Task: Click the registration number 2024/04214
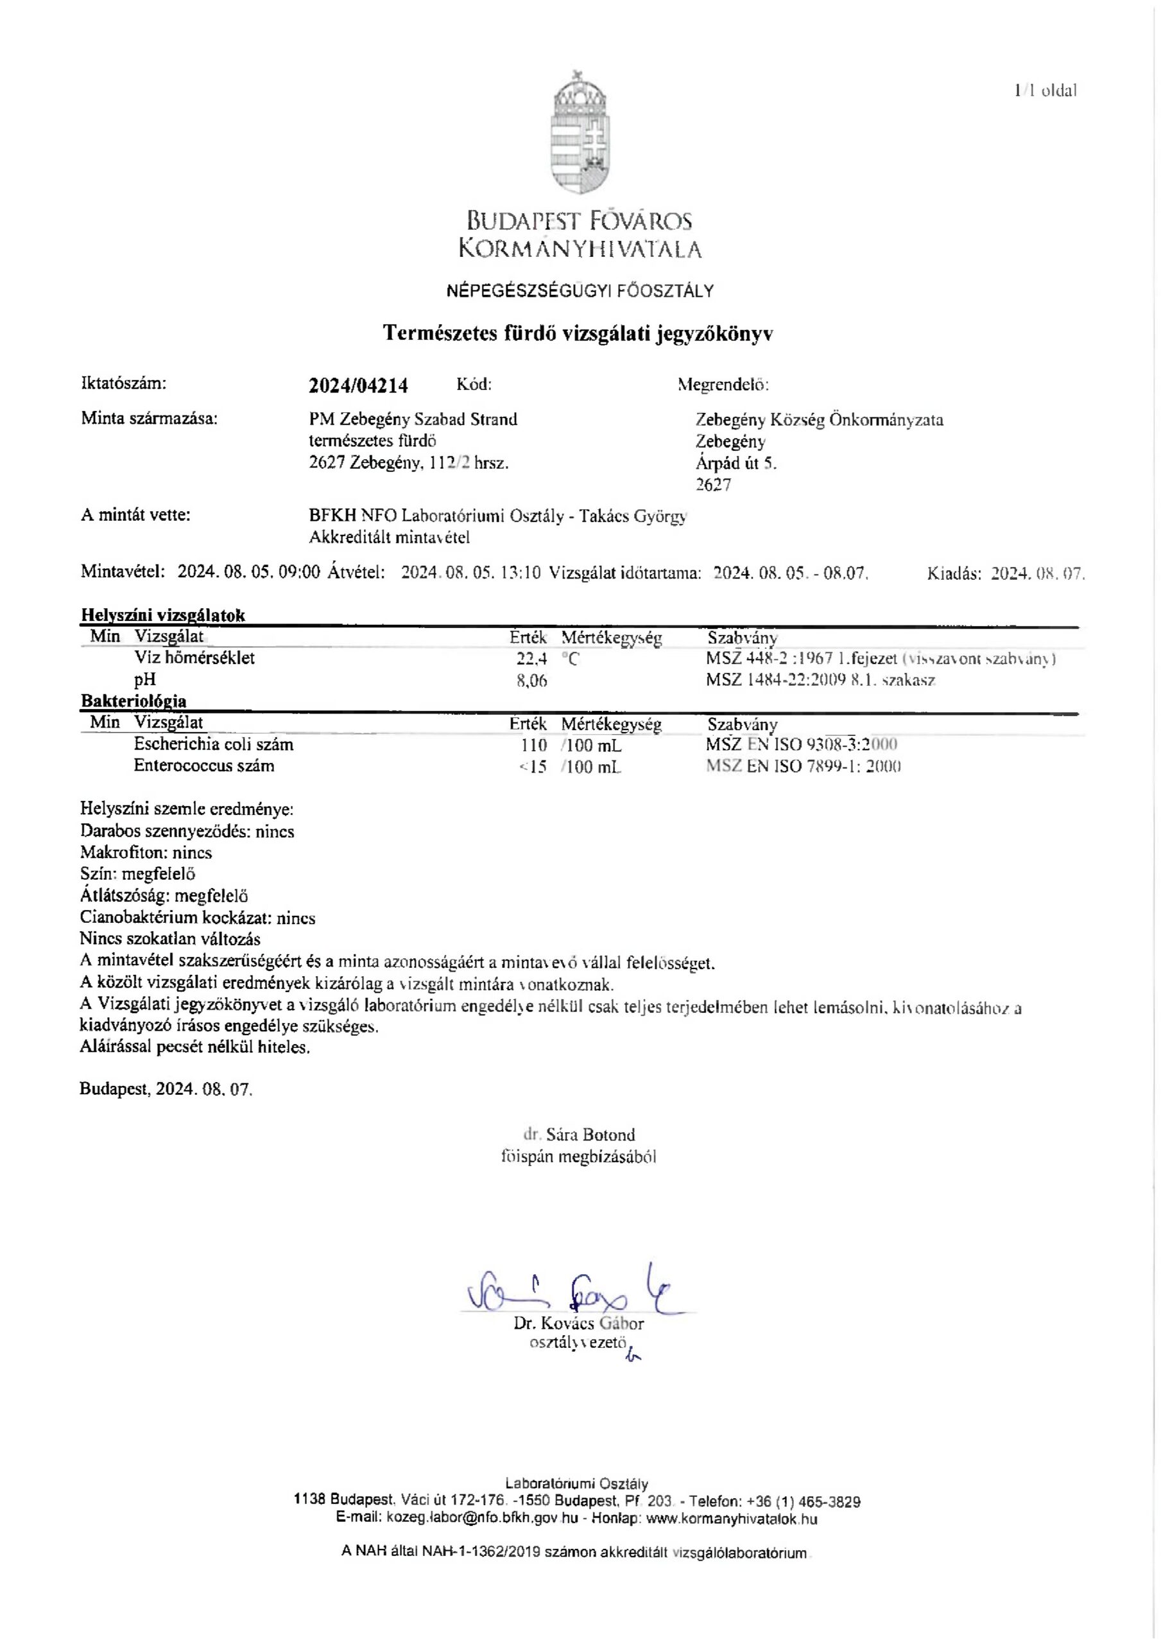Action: click(358, 385)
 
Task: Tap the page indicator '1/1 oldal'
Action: click(1045, 90)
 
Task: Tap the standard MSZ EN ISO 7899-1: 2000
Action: click(802, 767)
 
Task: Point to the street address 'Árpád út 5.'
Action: click(736, 463)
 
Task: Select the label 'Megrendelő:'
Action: click(723, 385)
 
